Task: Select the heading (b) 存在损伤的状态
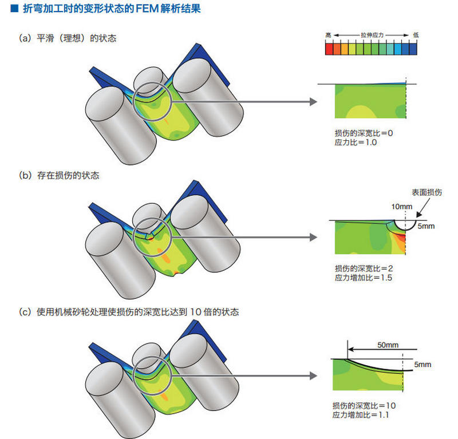[59, 176]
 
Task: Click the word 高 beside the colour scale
[328, 35]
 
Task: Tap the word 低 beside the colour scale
[415, 35]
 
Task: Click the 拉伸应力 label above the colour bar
[372, 35]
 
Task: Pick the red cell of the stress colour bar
[329, 49]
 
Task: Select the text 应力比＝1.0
[356, 142]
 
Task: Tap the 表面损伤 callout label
[427, 193]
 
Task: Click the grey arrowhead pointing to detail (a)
[313, 102]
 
